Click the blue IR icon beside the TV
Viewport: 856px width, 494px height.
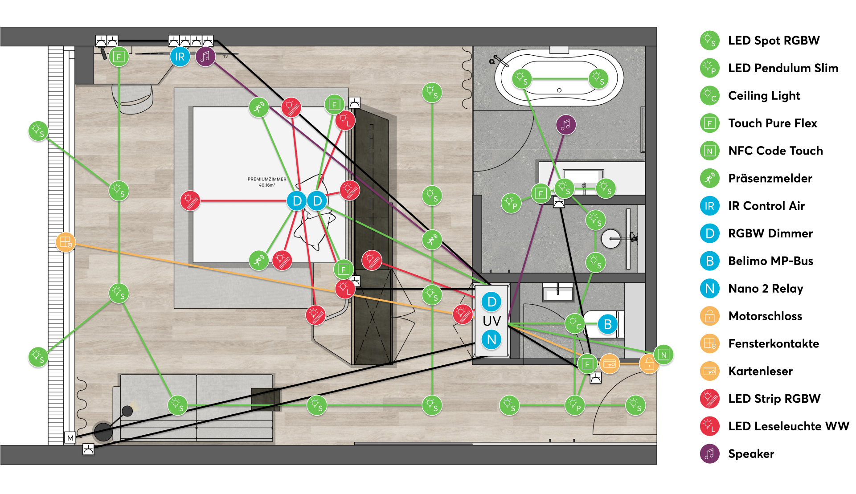(x=180, y=57)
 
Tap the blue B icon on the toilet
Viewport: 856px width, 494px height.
(x=607, y=324)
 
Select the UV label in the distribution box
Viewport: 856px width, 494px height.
(x=491, y=321)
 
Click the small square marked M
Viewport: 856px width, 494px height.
(x=70, y=438)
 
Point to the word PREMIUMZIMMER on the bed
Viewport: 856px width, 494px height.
(x=267, y=179)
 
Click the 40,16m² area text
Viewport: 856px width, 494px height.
(x=267, y=185)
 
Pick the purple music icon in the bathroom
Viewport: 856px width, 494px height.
(x=566, y=125)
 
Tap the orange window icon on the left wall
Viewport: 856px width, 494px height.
(x=66, y=242)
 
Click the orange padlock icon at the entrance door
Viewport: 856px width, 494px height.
(x=649, y=364)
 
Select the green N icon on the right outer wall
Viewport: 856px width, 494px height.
(x=664, y=355)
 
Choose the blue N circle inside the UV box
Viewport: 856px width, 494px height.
(x=491, y=340)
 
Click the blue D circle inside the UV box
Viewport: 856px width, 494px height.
(x=491, y=302)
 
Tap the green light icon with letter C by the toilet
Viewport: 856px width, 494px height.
(x=575, y=323)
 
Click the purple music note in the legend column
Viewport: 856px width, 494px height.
(x=710, y=454)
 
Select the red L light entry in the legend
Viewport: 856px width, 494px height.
(x=710, y=426)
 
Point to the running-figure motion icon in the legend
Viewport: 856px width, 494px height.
(x=710, y=178)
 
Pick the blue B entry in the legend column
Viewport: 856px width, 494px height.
(x=710, y=261)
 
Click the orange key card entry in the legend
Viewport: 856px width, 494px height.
(x=710, y=371)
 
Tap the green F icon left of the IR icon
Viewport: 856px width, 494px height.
(x=119, y=57)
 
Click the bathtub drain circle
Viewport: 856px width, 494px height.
(x=559, y=90)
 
